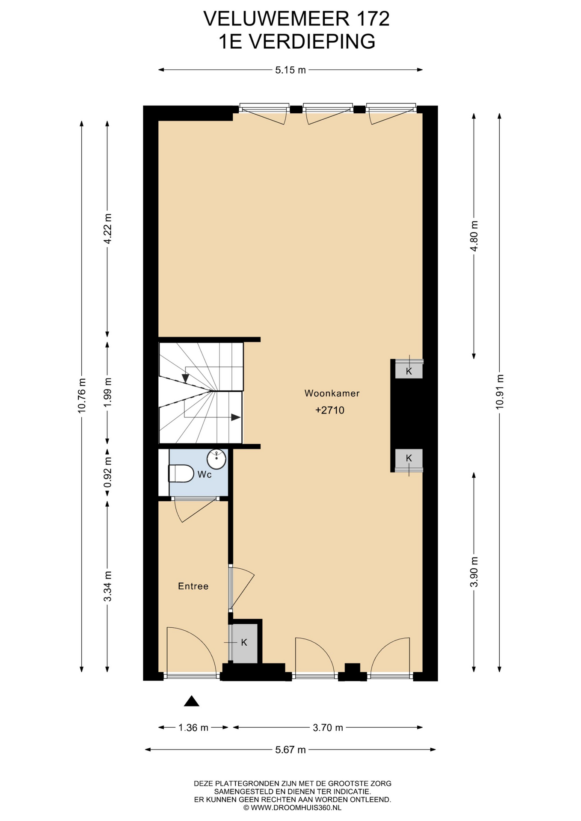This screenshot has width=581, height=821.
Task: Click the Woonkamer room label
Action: pos(332,393)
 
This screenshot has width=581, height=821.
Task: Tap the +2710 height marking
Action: pos(330,410)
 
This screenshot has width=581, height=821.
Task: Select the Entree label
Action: pos(193,586)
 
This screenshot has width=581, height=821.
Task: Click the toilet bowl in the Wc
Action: pos(181,473)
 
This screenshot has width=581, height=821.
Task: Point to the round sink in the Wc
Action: pos(216,459)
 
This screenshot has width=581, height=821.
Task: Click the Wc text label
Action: pos(205,475)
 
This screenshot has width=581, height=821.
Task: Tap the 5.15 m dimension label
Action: pos(290,70)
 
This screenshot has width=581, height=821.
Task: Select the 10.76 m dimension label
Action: pos(82,396)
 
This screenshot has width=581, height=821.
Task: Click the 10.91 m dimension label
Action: pos(500,392)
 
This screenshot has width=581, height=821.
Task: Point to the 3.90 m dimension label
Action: pos(474,572)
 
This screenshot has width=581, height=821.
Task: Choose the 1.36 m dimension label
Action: pos(193,727)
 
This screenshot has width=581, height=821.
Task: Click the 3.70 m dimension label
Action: pos(328,727)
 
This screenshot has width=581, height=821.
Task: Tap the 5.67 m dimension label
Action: pos(290,750)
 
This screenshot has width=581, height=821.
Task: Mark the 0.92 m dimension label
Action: pos(107,472)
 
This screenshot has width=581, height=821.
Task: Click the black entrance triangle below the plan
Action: pos(192,701)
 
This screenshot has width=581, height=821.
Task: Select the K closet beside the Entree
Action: pos(244,642)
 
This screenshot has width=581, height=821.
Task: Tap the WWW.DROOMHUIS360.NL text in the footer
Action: pos(296,808)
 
